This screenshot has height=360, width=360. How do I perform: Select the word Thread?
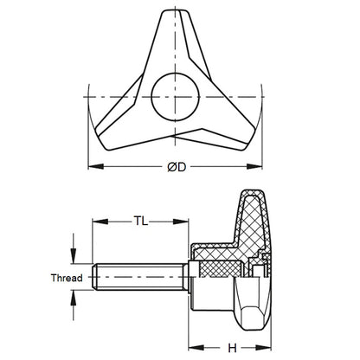click(65, 278)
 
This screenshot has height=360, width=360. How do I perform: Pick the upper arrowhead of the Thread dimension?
click(75, 260)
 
